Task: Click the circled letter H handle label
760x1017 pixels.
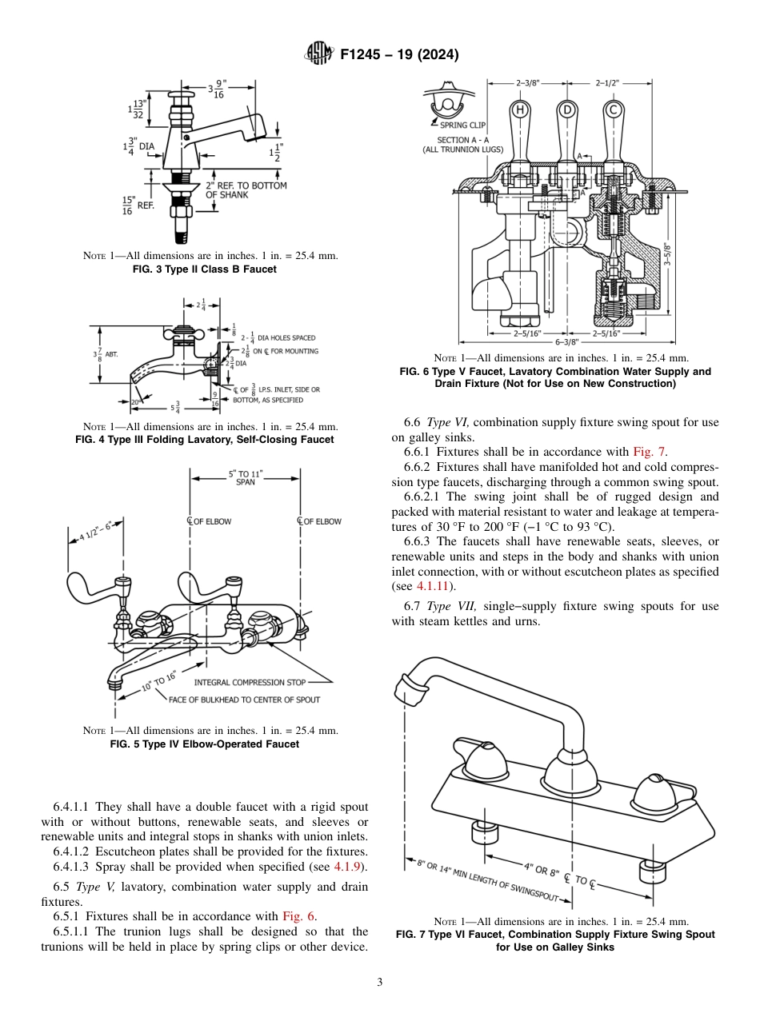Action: pyautogui.click(x=519, y=110)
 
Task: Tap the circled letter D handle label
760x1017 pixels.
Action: pyautogui.click(x=566, y=110)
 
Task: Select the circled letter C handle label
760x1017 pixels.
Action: pyautogui.click(x=613, y=110)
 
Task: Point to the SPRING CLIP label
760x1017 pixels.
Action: pyautogui.click(x=465, y=125)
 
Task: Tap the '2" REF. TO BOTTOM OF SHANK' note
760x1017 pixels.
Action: pyautogui.click(x=246, y=189)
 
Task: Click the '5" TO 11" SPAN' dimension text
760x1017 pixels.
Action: pyautogui.click(x=245, y=478)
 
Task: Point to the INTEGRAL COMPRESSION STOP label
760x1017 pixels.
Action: pyautogui.click(x=250, y=682)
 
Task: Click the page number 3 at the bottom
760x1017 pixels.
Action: pyautogui.click(x=380, y=982)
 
